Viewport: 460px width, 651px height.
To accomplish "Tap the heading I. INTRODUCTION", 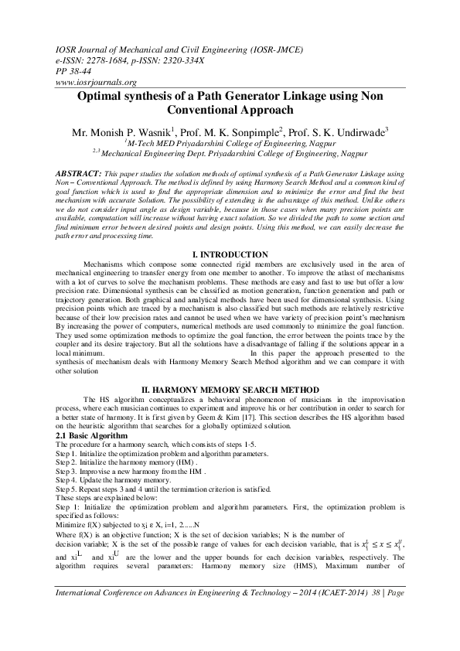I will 230,255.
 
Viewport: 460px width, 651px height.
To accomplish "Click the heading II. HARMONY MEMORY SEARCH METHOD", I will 230,383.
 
